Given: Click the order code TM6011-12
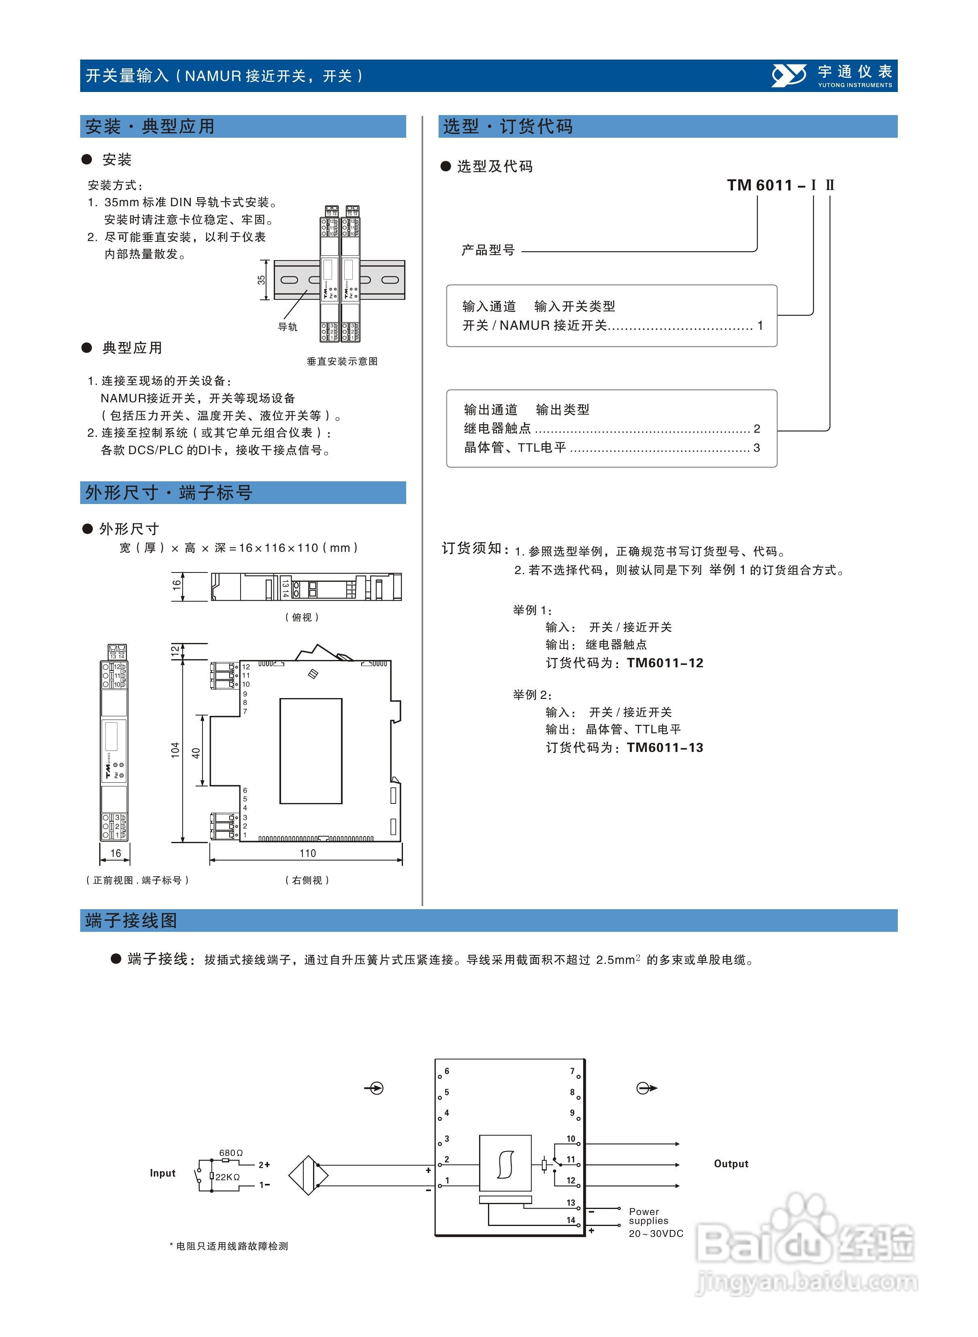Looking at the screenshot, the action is pos(665,663).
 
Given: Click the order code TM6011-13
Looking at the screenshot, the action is pos(665,748).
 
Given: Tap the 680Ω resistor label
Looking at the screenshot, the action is pos(231,1153).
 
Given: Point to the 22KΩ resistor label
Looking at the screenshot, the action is pos(227,1177).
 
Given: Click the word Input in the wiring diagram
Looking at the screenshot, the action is pos(162,1173).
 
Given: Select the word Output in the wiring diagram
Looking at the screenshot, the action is pos(731,1164).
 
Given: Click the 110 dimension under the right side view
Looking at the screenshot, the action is pos(307,853).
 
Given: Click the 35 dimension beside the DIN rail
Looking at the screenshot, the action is pos(261,280).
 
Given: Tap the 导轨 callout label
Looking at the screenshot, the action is pos(288,327).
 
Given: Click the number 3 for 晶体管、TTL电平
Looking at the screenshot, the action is pos(756,448).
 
